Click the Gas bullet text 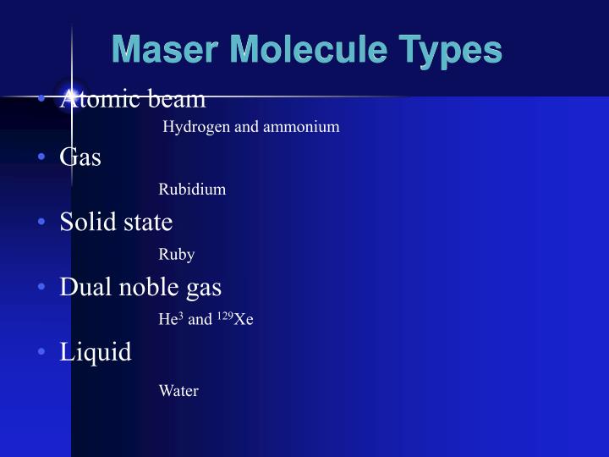tap(80, 157)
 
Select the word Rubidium tap(192, 190)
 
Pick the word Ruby tap(176, 255)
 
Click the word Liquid tap(96, 351)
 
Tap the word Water tap(178, 391)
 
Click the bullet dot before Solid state tap(41, 223)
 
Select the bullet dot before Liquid tap(41, 352)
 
